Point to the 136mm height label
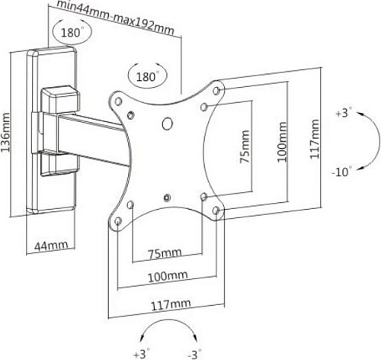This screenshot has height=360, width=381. click(x=5, y=133)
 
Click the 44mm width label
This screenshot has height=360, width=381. click(x=51, y=246)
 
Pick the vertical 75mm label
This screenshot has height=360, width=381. click(x=245, y=146)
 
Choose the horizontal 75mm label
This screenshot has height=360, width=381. click(x=165, y=253)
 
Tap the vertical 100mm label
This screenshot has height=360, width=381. click(x=282, y=142)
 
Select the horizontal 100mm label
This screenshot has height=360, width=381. click(x=168, y=276)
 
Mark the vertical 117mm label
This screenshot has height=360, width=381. click(x=314, y=139)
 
